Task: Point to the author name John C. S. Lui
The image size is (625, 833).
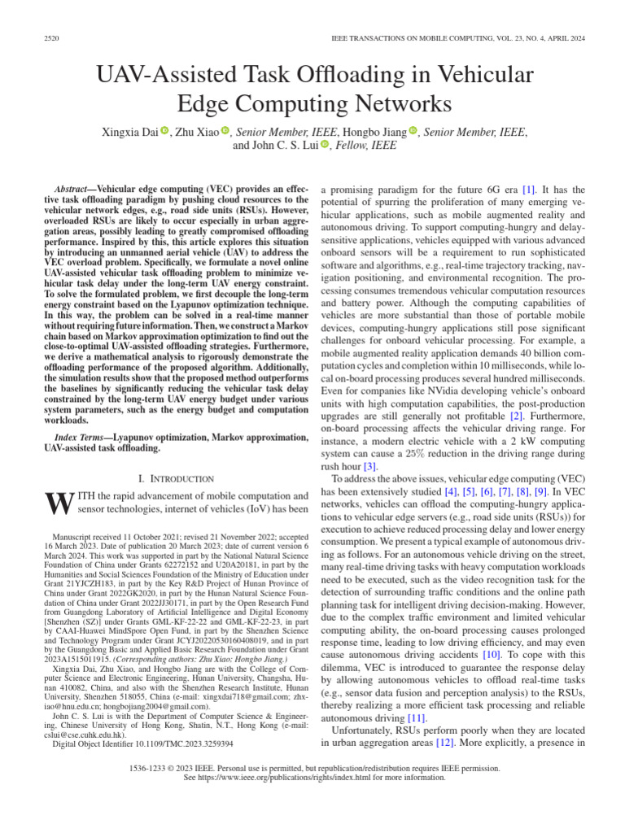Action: (x=274, y=146)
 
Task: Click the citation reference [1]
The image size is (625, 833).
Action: (x=529, y=188)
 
